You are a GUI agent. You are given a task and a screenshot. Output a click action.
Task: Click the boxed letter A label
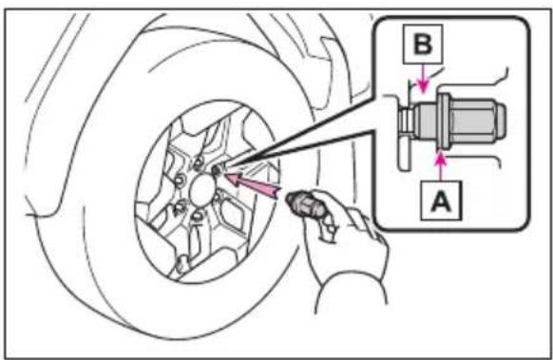(441, 200)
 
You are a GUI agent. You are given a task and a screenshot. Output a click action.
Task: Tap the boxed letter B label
(423, 44)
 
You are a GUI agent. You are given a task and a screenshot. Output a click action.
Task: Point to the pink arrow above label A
(441, 165)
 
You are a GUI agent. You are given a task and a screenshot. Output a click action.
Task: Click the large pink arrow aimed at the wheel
(253, 184)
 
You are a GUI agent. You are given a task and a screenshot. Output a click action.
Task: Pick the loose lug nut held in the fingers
(305, 205)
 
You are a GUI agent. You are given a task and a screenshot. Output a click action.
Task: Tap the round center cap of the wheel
(202, 190)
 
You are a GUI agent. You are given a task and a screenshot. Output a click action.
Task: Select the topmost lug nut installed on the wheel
(199, 162)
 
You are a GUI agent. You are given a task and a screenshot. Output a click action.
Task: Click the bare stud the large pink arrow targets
(216, 170)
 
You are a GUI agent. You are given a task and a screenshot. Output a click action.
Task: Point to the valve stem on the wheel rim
(182, 264)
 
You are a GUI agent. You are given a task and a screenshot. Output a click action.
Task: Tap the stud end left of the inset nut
(405, 120)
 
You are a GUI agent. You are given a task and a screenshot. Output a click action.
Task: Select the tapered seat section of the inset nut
(425, 121)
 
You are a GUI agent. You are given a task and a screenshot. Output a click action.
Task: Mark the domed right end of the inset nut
(502, 121)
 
